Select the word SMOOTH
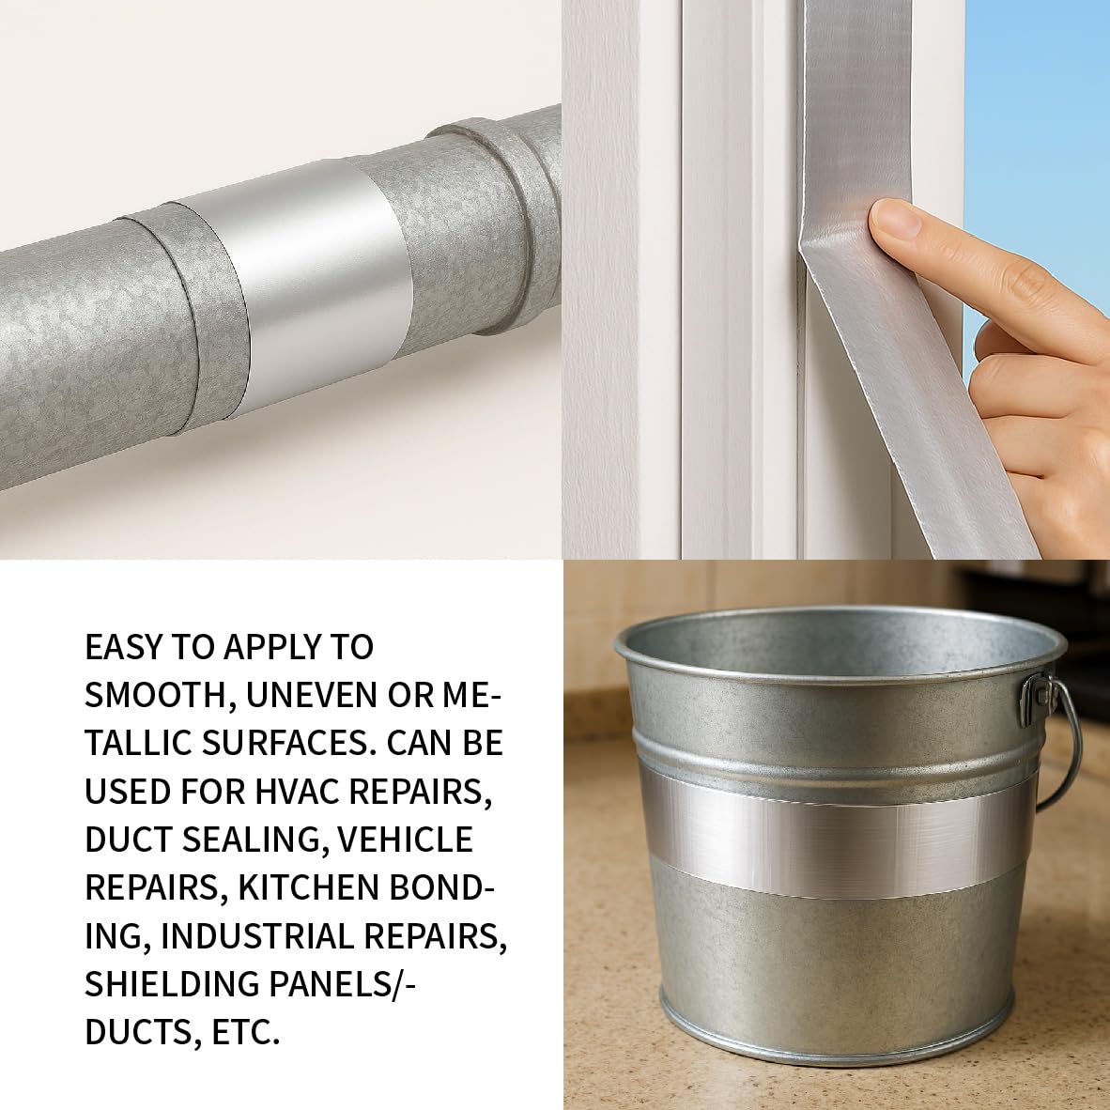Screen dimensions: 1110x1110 161,695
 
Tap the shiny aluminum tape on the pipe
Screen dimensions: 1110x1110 312,280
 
